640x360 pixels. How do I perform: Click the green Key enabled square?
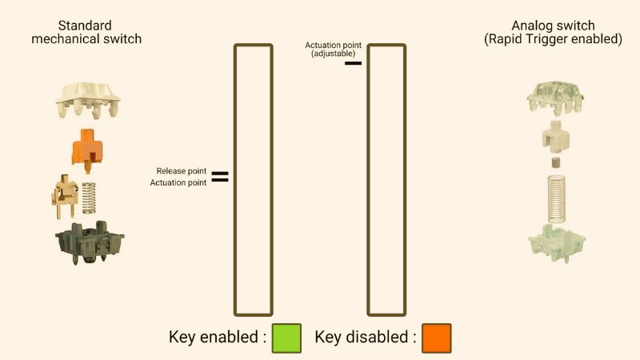coord(286,338)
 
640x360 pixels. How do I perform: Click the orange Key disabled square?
coord(436,338)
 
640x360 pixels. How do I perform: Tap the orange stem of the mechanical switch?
coord(88,148)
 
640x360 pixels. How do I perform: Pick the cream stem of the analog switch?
coord(553,138)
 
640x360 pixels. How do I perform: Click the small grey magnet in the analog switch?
coord(553,162)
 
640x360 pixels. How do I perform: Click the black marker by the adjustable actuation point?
coord(353,62)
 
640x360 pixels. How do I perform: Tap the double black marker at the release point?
coord(219,177)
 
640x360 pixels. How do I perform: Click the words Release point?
coord(182,171)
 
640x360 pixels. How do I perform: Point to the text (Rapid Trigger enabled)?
coord(553,39)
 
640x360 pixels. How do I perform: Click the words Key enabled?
coord(217,337)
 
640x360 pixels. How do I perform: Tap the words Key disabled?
coord(365,337)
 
